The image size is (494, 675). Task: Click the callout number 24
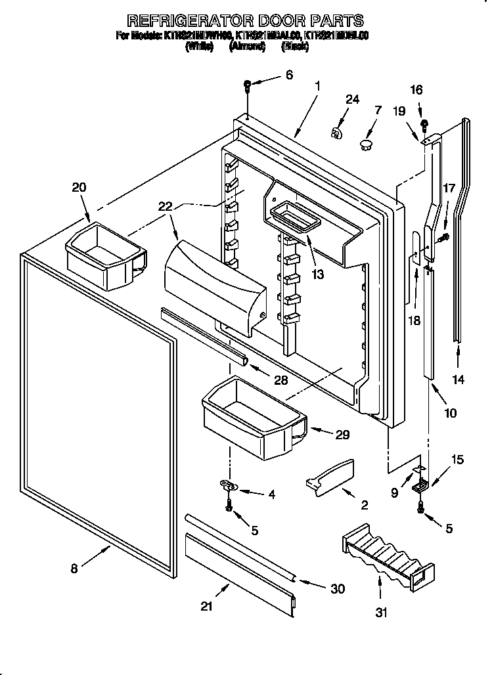point(353,99)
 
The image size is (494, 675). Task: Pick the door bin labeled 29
point(253,418)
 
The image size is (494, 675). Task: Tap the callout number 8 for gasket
point(74,569)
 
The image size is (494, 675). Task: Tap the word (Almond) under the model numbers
point(246,47)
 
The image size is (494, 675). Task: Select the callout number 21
point(208,607)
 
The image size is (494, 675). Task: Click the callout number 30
point(338,589)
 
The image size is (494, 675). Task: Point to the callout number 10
point(450,414)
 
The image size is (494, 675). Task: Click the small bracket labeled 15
point(418,486)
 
